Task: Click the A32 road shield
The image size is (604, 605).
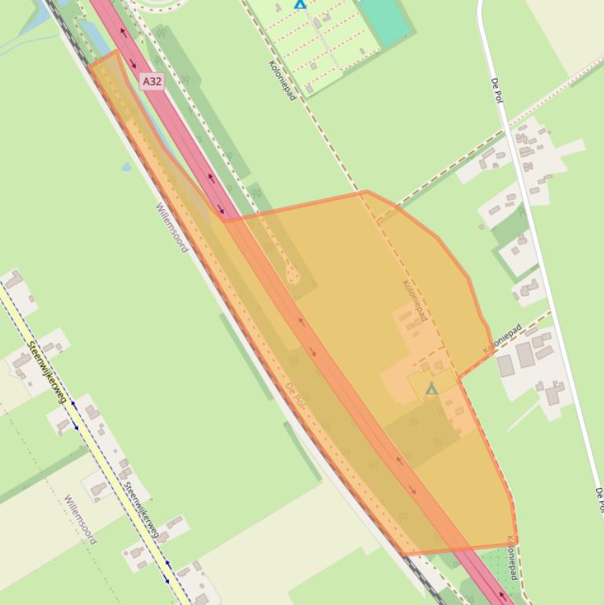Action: [153, 81]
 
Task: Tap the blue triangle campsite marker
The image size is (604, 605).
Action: [299, 4]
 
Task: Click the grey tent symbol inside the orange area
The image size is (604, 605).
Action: [431, 388]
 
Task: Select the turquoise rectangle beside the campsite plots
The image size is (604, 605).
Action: [386, 20]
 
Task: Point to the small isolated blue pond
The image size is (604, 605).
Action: [126, 167]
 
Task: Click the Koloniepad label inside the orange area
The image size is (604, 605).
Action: [415, 301]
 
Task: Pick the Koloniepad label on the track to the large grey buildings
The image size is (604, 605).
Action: [503, 338]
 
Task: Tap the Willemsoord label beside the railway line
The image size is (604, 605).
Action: [172, 228]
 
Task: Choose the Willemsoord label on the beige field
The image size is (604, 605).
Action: [80, 519]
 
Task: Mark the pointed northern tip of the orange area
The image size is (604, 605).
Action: [115, 53]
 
